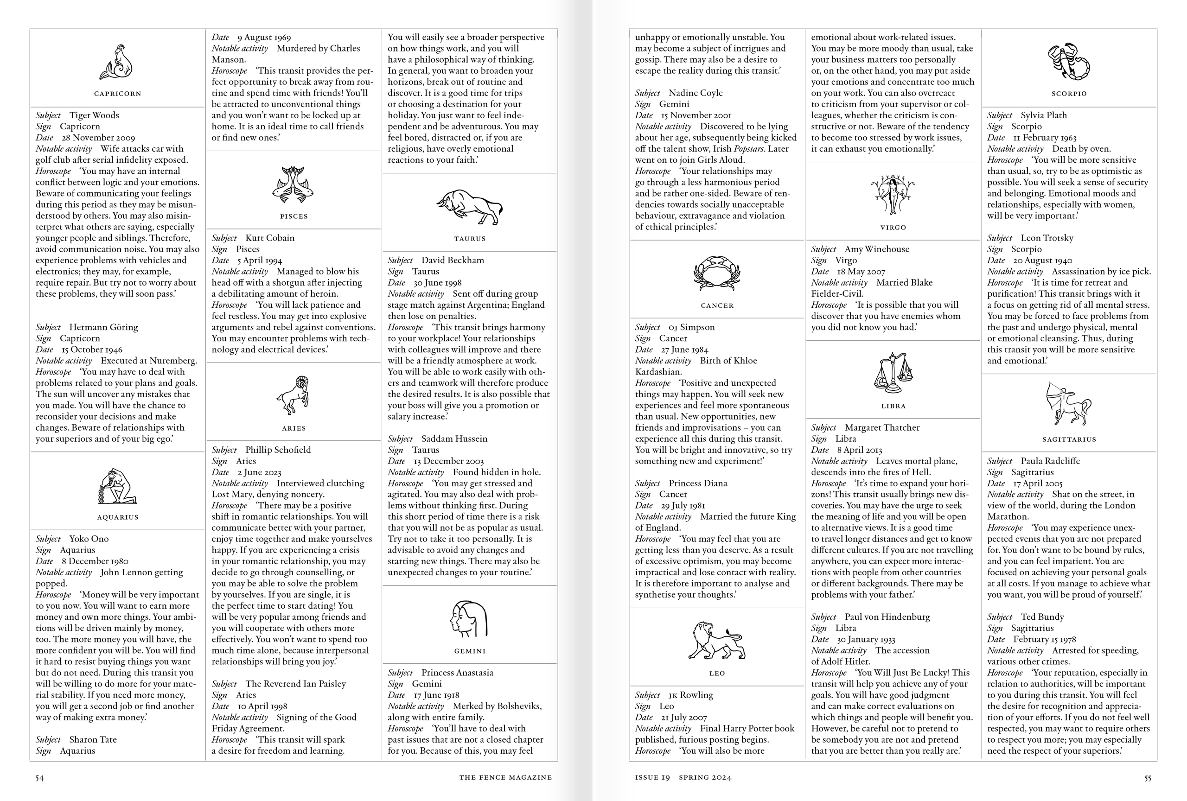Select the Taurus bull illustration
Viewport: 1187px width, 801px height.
469,207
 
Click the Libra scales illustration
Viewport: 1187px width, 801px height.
893,372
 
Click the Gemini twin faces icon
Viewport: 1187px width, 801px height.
469,619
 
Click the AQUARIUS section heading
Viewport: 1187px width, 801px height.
117,517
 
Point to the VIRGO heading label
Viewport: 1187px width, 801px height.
893,228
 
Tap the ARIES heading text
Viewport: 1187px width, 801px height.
294,428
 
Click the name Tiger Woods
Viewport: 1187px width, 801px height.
94,115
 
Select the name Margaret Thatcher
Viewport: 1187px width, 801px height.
882,428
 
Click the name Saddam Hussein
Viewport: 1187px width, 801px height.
454,439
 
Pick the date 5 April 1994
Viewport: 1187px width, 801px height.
260,261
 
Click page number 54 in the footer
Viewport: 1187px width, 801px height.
40,778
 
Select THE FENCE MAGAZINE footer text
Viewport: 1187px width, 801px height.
505,777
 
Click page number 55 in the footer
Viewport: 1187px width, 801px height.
1147,778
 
